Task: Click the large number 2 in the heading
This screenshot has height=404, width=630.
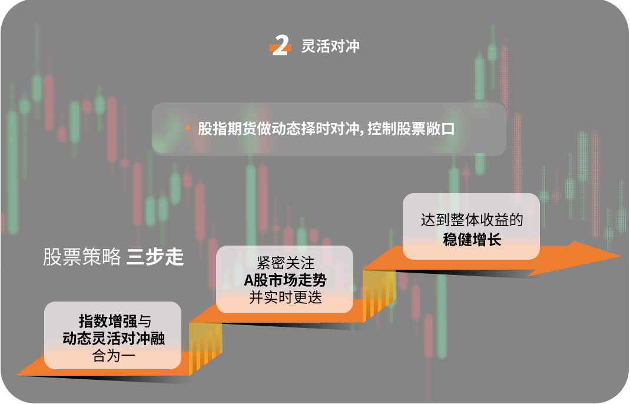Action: point(281,45)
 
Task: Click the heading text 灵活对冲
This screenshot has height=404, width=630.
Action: point(330,46)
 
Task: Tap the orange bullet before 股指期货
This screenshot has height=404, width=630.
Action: point(188,128)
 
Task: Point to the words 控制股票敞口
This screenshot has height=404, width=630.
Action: point(411,128)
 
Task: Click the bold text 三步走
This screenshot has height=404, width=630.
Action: point(155,257)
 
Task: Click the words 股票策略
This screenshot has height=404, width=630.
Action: point(82,257)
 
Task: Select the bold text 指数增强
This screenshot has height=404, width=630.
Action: point(108,321)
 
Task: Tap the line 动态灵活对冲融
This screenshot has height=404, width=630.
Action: point(114,339)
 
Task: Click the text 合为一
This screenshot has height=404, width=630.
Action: point(114,356)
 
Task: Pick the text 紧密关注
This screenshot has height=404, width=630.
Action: point(286,263)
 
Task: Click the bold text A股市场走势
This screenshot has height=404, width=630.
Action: point(286,280)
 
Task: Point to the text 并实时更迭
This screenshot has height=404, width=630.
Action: point(286,297)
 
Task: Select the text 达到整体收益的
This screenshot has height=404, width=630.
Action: point(472,220)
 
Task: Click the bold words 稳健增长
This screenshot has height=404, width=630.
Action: point(472,240)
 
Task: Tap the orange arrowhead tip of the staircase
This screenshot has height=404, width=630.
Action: point(621,255)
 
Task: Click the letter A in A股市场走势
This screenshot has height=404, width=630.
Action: point(248,280)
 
